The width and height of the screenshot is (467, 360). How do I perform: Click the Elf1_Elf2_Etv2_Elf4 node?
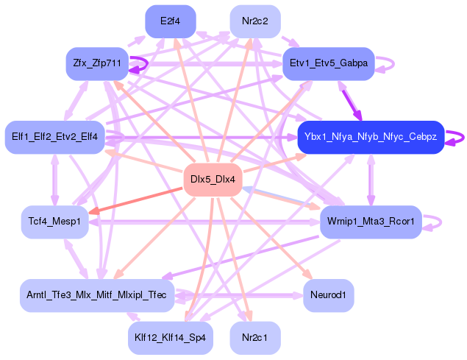[55, 137]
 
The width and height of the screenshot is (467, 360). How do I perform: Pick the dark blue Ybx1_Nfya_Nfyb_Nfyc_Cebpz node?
[370, 137]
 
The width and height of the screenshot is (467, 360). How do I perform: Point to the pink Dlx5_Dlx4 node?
[213, 180]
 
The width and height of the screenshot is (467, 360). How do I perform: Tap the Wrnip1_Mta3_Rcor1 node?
[371, 222]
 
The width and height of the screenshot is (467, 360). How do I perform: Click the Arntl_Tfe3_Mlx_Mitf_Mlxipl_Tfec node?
[96, 295]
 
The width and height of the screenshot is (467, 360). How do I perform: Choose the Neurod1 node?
[328, 295]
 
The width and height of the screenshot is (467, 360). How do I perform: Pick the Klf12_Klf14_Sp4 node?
[170, 337]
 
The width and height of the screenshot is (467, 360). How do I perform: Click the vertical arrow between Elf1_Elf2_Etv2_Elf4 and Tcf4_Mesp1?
[54, 180]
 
